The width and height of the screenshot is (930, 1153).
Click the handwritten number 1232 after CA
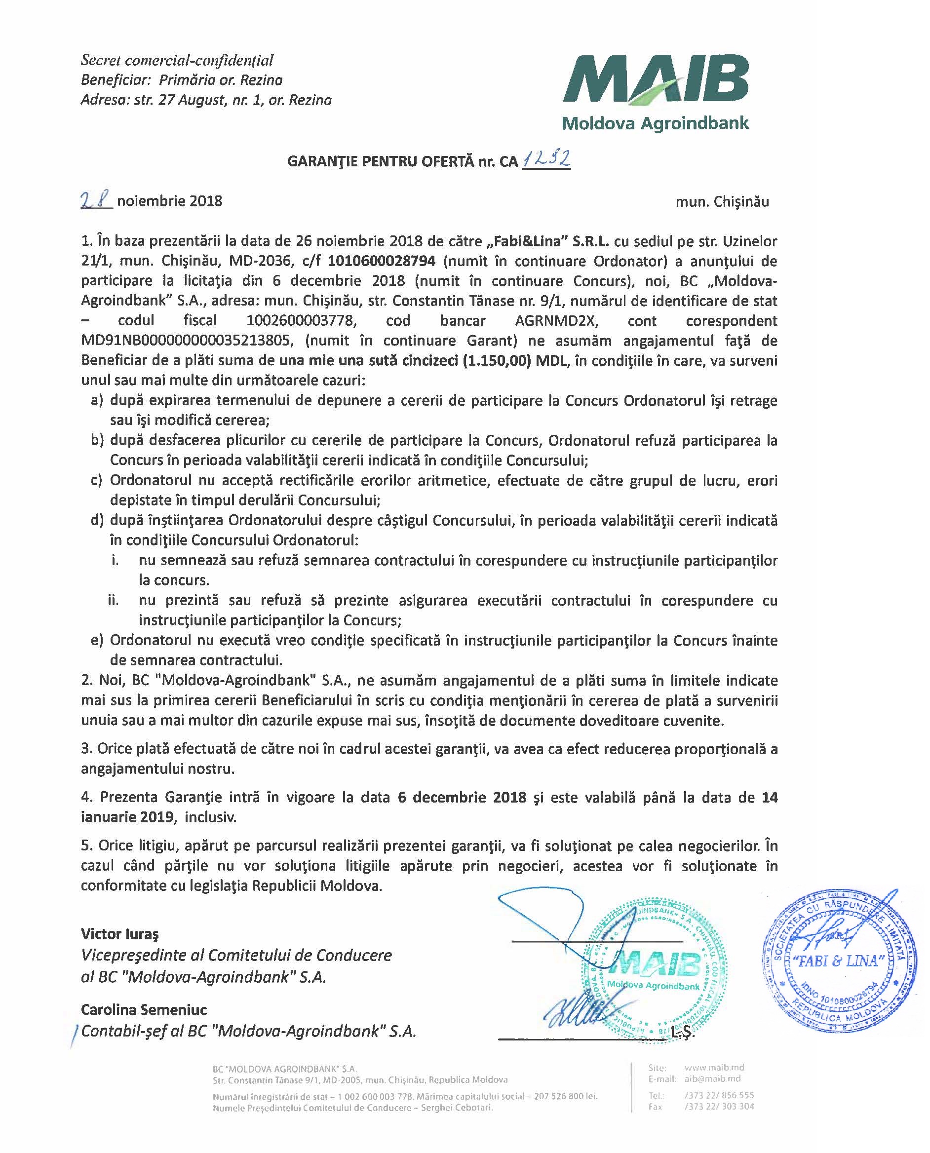point(545,159)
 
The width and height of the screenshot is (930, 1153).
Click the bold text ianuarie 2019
point(127,817)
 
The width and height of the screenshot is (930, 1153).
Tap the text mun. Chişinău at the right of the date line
point(722,201)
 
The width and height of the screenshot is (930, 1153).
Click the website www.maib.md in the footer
point(714,1067)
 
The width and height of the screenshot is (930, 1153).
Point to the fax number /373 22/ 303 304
point(719,1107)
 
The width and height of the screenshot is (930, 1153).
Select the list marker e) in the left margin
point(97,640)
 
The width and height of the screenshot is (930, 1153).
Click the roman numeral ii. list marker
point(113,600)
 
